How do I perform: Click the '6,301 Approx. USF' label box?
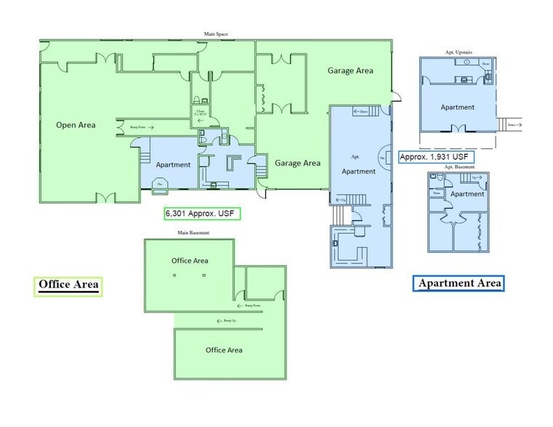pyautogui.click(x=202, y=213)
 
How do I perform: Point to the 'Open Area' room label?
pyautogui.click(x=76, y=125)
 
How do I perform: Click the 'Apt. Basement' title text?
pyautogui.click(x=459, y=167)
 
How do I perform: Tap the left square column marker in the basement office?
pyautogui.click(x=175, y=276)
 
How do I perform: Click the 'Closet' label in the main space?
pyautogui.click(x=200, y=112)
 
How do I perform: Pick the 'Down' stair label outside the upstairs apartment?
pyautogui.click(x=512, y=123)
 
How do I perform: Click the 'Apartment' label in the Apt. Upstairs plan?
pyautogui.click(x=457, y=107)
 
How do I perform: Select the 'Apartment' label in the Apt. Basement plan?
pyautogui.click(x=467, y=195)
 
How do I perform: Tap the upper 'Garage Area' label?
pyautogui.click(x=350, y=70)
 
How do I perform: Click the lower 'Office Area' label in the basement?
pyautogui.click(x=223, y=350)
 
